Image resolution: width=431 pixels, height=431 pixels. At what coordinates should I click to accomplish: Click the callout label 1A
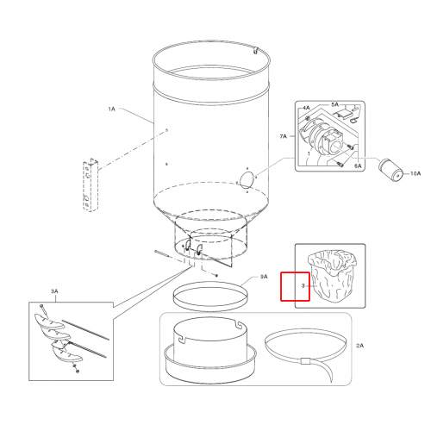click(x=111, y=109)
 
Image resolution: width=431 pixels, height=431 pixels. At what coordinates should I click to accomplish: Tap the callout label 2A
click(x=359, y=346)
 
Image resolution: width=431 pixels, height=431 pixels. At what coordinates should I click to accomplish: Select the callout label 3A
click(x=54, y=291)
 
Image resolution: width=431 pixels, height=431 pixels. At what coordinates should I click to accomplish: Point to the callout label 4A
click(x=306, y=108)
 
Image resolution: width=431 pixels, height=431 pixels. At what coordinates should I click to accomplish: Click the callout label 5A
click(x=334, y=104)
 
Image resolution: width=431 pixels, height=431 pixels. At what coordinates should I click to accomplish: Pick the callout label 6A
click(x=358, y=166)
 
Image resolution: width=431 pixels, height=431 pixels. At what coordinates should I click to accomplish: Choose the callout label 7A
click(x=283, y=136)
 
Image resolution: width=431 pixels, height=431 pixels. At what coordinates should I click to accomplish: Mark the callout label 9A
click(x=264, y=277)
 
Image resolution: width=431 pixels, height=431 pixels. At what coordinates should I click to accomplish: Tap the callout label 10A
click(x=415, y=173)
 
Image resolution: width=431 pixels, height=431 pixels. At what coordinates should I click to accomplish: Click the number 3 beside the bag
click(x=303, y=286)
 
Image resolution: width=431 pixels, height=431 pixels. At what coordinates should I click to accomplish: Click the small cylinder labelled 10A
click(x=390, y=170)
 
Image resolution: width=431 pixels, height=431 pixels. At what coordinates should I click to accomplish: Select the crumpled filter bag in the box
click(x=332, y=275)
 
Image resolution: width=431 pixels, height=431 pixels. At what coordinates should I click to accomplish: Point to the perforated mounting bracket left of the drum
click(x=91, y=185)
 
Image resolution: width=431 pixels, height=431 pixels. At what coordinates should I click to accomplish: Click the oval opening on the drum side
click(x=247, y=180)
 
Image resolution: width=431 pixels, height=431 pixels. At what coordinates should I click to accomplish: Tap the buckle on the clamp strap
click(x=305, y=361)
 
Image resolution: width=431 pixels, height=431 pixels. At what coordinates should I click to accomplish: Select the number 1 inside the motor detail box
click(x=309, y=153)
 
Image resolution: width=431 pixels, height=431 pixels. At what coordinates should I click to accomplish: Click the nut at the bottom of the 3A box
click(x=77, y=372)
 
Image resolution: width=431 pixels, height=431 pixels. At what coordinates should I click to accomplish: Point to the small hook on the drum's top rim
click(x=255, y=50)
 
